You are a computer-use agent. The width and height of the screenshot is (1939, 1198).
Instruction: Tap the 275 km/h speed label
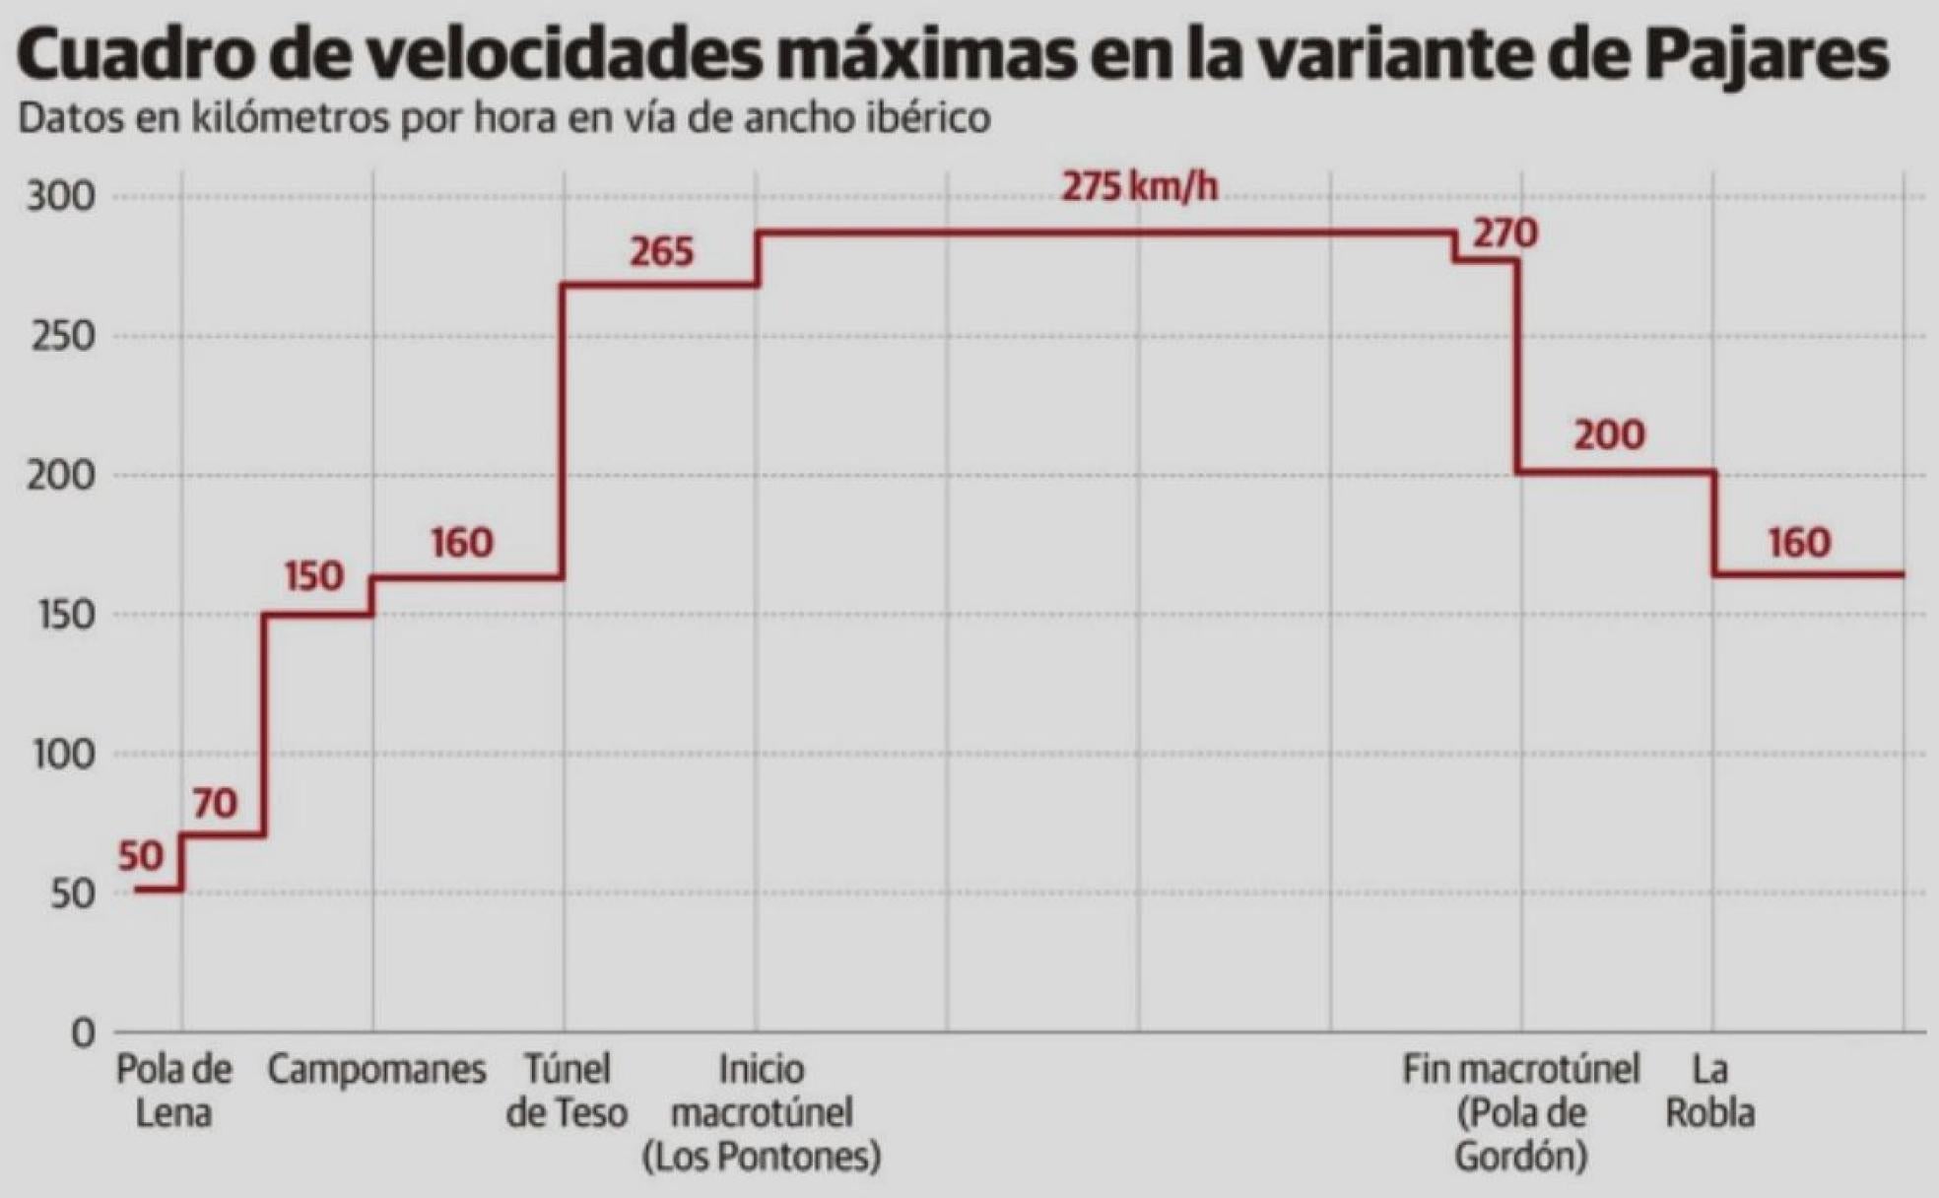pyautogui.click(x=1139, y=186)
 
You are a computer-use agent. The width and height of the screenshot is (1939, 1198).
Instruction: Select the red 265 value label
pyautogui.click(x=661, y=252)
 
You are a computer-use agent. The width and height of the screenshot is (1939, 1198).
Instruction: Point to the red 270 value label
pyautogui.click(x=1504, y=234)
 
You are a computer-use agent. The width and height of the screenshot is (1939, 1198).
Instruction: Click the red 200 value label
pyautogui.click(x=1609, y=434)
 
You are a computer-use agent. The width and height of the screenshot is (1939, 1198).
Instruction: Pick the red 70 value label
pyautogui.click(x=215, y=804)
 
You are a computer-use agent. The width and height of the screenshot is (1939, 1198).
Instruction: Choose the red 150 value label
pyautogui.click(x=314, y=576)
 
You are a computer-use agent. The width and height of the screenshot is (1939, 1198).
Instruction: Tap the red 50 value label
pyautogui.click(x=141, y=857)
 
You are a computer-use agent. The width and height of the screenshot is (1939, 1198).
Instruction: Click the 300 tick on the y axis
pyautogui.click(x=61, y=197)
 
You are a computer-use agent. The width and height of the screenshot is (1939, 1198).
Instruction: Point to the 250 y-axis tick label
pyautogui.click(x=61, y=337)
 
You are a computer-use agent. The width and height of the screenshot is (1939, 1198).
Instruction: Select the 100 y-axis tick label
pyautogui.click(x=63, y=755)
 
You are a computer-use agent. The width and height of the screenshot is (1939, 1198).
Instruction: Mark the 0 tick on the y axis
pyautogui.click(x=83, y=1033)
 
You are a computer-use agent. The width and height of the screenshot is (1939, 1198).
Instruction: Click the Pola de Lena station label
pyautogui.click(x=173, y=1091)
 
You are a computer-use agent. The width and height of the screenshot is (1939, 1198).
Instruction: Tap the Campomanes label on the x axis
pyautogui.click(x=376, y=1070)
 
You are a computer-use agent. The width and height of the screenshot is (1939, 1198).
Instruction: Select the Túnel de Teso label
pyautogui.click(x=567, y=1091)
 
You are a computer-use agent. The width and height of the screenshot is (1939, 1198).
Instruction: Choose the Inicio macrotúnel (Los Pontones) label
pyautogui.click(x=761, y=1112)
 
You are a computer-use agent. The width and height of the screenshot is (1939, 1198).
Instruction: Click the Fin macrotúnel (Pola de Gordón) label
pyautogui.click(x=1520, y=1112)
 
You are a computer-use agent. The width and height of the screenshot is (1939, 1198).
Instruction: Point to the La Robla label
pyautogui.click(x=1710, y=1091)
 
